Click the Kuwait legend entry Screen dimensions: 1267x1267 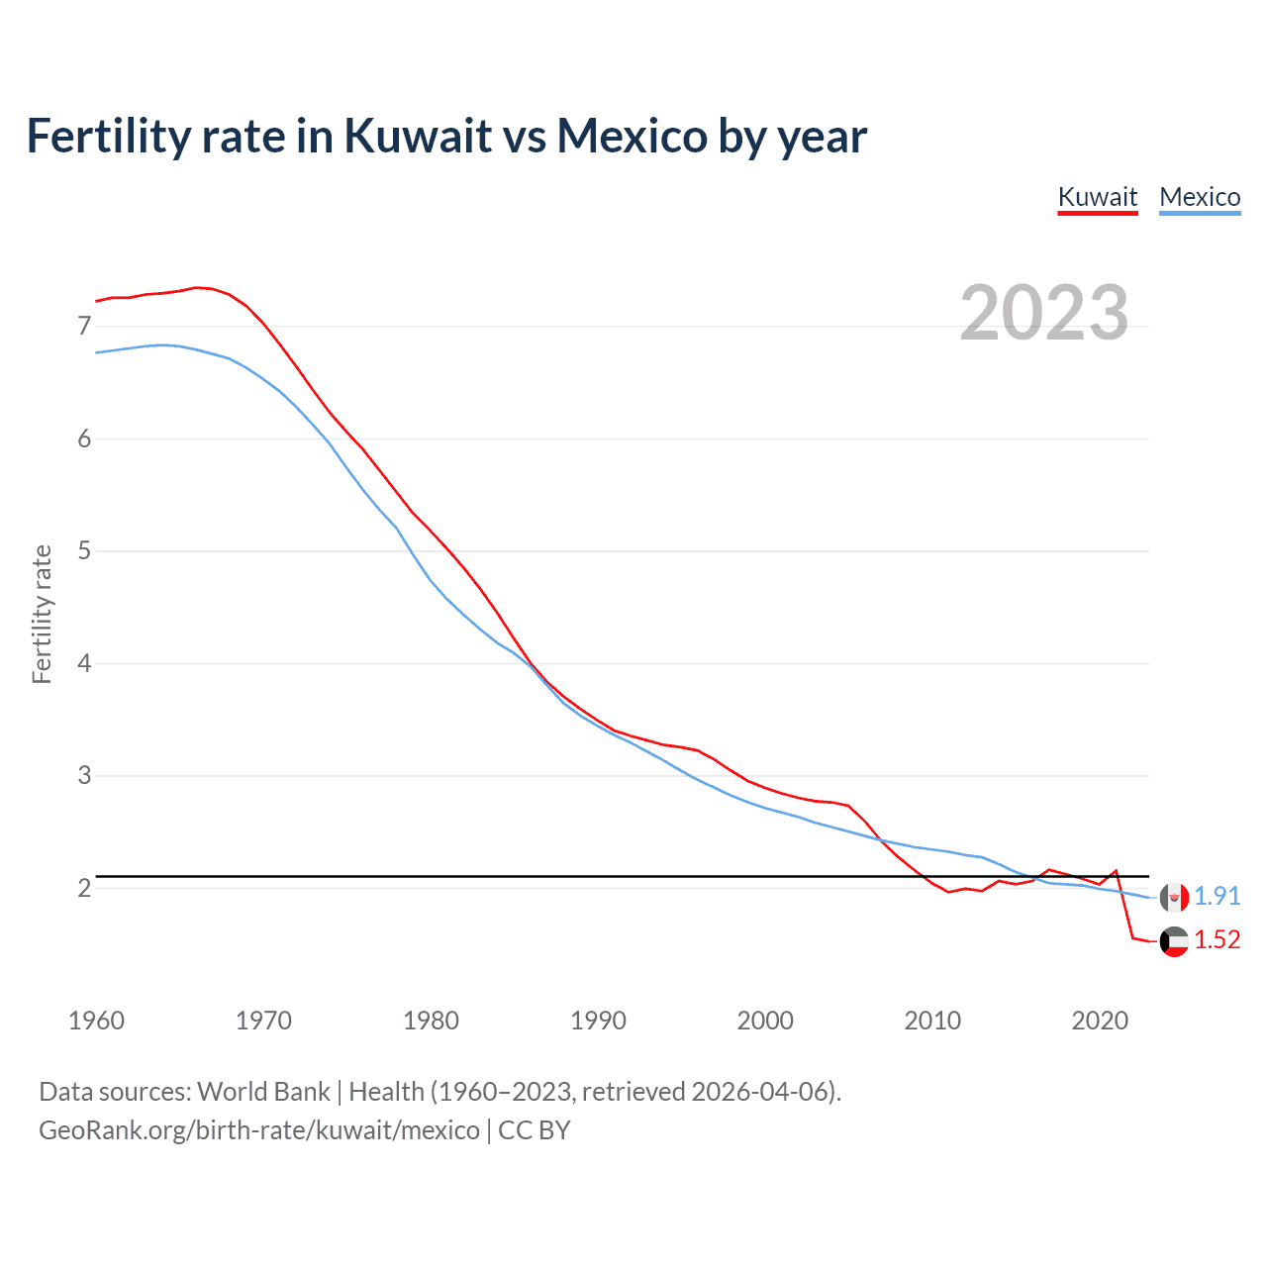coord(1098,197)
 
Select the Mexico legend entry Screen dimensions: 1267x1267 coord(1200,197)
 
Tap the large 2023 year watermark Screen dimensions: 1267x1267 coord(1044,313)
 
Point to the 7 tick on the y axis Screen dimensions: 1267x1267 coord(84,326)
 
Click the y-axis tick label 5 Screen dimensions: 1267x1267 coord(84,550)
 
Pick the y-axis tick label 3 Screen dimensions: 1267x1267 coord(84,775)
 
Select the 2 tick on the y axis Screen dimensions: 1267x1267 coord(84,888)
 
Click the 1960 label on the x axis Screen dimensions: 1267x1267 coord(96,1021)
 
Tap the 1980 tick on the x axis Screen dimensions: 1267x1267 coord(431,1021)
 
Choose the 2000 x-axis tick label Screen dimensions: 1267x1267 coord(765,1021)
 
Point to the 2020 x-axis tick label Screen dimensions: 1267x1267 coord(1100,1021)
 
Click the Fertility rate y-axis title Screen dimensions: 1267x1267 coord(42,614)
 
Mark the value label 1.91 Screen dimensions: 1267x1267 coord(1217,896)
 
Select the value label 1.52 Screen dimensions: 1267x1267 coord(1217,939)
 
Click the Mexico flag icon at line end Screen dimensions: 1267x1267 coord(1174,897)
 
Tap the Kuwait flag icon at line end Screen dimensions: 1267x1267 coord(1174,941)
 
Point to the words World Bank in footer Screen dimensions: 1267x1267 coord(263,1092)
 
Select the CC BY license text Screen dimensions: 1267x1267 coord(535,1130)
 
